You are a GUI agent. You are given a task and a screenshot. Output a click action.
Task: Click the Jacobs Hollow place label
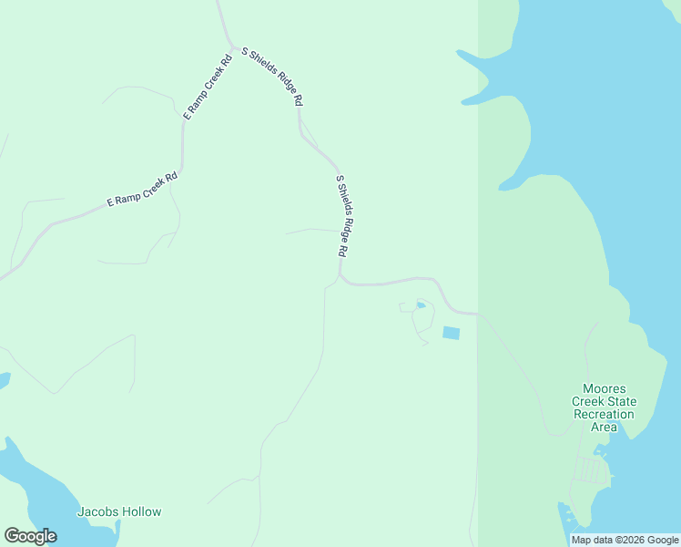pyautogui.click(x=119, y=511)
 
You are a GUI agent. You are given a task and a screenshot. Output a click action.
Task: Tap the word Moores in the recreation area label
pyautogui.click(x=605, y=388)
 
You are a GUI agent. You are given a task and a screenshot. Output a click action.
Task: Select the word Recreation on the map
pyautogui.click(x=603, y=414)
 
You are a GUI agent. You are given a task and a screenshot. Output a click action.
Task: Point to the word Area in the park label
pyautogui.click(x=604, y=427)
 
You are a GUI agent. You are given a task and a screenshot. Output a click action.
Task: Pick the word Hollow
pyautogui.click(x=141, y=511)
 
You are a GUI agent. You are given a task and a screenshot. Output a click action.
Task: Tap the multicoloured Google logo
pyautogui.click(x=30, y=536)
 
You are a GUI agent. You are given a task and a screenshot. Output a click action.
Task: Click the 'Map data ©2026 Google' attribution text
pyautogui.click(x=625, y=540)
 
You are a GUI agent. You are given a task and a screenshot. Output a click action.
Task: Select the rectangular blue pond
pyautogui.click(x=451, y=333)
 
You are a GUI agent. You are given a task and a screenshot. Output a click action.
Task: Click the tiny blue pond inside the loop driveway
pyautogui.click(x=421, y=304)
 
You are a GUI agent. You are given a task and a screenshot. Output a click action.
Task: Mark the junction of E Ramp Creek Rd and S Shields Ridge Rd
pyautogui.click(x=234, y=47)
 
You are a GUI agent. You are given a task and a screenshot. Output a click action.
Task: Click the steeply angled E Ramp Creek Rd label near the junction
pyautogui.click(x=208, y=85)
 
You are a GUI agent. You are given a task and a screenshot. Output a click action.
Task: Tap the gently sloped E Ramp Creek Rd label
pyautogui.click(x=142, y=190)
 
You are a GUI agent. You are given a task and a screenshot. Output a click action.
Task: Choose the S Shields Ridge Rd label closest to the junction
pyautogui.click(x=271, y=77)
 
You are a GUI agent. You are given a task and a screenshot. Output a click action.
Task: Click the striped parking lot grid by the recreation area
pyautogui.click(x=591, y=470)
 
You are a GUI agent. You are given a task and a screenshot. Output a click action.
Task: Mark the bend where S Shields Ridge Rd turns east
pyautogui.click(x=341, y=277)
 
